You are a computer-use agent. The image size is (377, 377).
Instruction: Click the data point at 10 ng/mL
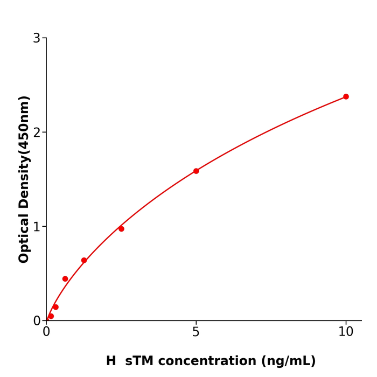346,97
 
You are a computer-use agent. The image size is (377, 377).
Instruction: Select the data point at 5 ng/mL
196,171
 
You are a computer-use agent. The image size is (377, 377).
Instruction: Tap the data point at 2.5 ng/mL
121,229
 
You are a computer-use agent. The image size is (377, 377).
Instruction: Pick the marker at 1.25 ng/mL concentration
84,261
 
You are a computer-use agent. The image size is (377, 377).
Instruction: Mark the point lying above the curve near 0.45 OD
65,279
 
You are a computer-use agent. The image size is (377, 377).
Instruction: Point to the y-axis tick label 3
37,38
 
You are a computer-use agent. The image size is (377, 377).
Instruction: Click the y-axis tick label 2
37,132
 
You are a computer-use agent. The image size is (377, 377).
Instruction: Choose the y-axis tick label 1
37,227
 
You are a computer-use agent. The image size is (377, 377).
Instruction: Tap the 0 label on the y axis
37,321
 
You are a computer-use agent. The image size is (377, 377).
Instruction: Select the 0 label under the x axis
46,332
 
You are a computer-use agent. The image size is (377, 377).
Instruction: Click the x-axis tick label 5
196,332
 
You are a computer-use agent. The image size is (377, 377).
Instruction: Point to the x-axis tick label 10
346,332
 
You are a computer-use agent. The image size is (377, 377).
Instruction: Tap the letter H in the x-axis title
111,361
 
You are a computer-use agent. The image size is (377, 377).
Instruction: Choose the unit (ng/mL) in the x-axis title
288,361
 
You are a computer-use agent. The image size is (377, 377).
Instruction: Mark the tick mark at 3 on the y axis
44,38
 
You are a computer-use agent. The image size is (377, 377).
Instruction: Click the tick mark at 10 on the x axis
346,323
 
